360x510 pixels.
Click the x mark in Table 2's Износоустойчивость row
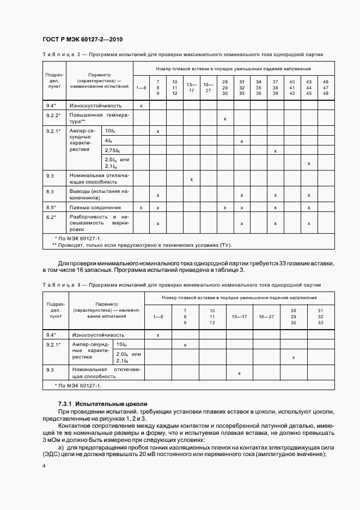pos(141,105)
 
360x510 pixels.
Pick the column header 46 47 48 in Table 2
pos(326,88)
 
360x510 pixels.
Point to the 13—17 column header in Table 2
pos(191,87)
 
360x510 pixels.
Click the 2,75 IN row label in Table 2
pos(112,150)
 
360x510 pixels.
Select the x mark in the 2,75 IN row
pos(275,150)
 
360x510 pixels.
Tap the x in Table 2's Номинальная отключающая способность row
pos(191,179)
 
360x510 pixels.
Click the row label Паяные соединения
pos(95,208)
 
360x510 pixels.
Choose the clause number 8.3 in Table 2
pos(50,192)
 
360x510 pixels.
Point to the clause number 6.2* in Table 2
pos(51,217)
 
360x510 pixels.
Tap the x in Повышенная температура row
pos(225,118)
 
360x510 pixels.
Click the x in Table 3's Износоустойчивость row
pos(158,335)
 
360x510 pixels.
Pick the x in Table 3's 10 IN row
pos(185,345)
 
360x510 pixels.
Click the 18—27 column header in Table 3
pos(267,316)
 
